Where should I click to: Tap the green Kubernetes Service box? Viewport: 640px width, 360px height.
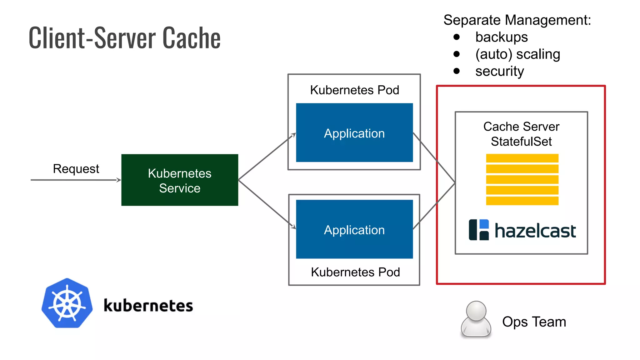tap(179, 180)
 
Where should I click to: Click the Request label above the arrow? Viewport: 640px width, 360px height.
tap(76, 169)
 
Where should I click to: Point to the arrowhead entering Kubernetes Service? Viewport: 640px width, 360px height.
tap(119, 180)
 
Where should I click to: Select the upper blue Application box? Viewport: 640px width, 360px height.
tap(354, 133)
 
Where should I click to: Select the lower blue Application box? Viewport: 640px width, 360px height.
tap(354, 229)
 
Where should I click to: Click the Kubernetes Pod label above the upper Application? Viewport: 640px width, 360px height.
tap(354, 90)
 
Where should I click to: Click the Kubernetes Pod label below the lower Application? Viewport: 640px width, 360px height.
tap(355, 272)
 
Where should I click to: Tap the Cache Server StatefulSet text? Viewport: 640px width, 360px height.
tap(521, 134)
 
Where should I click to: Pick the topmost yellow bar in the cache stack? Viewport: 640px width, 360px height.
tap(522, 158)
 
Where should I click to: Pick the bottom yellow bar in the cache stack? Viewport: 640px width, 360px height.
tap(522, 201)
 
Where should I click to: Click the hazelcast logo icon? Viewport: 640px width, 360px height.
tap(478, 230)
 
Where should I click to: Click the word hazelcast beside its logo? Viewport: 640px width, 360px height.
tap(535, 231)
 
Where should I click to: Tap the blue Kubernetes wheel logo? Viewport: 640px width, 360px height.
tap(67, 303)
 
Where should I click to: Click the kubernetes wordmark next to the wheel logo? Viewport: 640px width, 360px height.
tap(148, 305)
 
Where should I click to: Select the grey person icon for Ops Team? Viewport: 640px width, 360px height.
tap(476, 319)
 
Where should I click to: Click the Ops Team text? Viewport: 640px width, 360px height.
tap(534, 322)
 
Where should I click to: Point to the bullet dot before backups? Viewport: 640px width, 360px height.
tap(457, 37)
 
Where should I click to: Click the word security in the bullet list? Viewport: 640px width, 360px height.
tap(499, 71)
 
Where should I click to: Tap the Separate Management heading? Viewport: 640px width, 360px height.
tap(517, 20)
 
